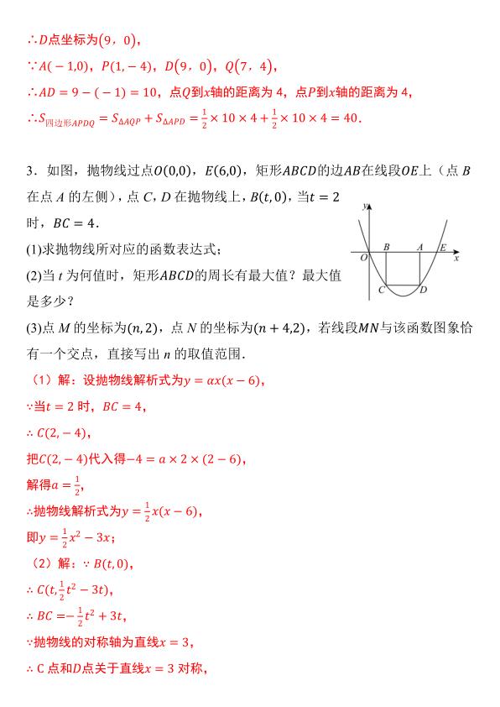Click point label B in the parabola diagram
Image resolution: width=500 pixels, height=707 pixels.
tap(386, 247)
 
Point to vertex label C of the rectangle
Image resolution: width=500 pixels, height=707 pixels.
tap(382, 290)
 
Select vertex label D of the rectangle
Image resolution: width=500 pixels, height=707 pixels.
tap(423, 290)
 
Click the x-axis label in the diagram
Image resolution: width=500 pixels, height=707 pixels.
tap(456, 259)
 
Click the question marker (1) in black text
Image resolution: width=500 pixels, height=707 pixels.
tap(34, 249)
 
